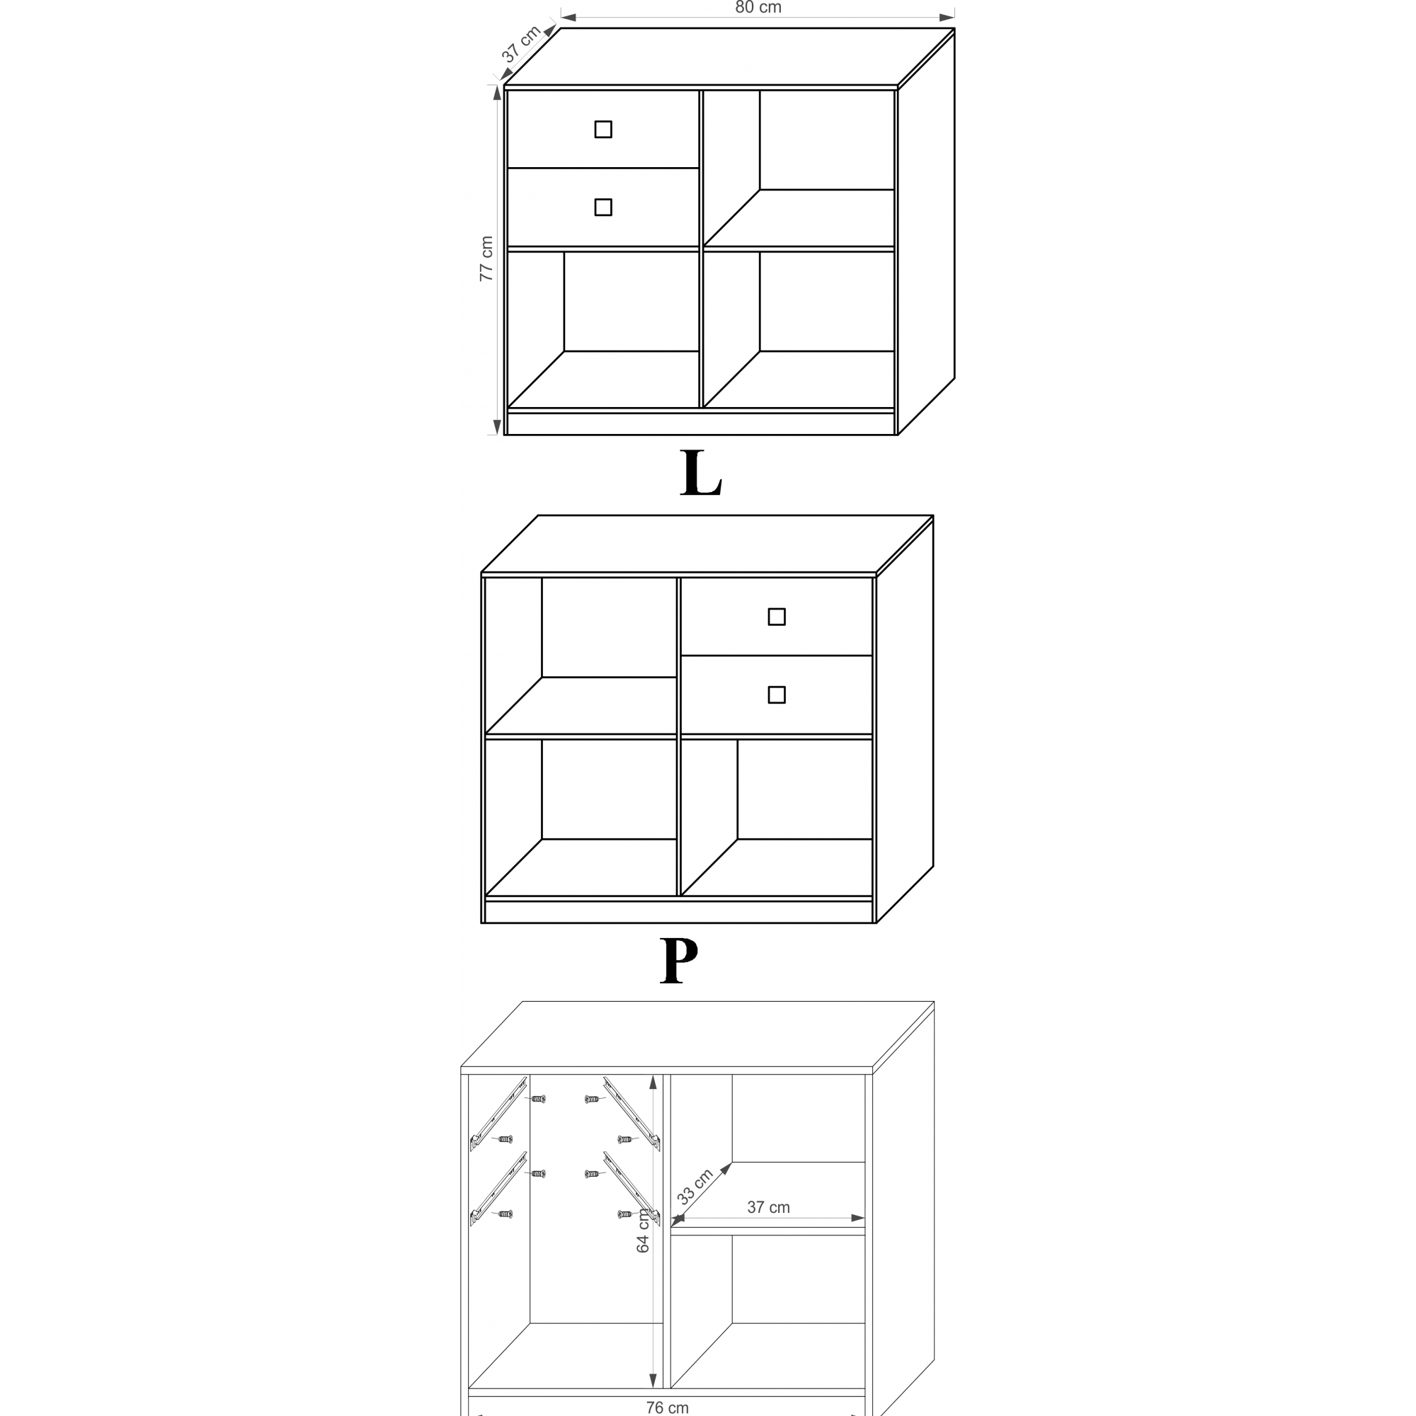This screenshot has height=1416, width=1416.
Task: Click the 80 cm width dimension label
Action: coord(758,7)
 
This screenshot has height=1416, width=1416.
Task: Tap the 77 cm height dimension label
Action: coord(486,258)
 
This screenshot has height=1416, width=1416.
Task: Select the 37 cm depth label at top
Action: coord(521,44)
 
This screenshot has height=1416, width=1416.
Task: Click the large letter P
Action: coord(679,960)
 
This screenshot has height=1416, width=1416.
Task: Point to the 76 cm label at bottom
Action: coord(667,1408)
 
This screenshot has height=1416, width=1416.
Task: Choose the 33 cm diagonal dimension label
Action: coord(695,1187)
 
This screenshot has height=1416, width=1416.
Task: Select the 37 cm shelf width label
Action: coord(768,1207)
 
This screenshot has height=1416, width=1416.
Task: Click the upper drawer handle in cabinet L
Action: coord(603,129)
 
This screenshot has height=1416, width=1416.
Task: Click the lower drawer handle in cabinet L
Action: coord(603,207)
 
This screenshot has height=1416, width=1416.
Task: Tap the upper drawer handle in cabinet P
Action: coord(777,617)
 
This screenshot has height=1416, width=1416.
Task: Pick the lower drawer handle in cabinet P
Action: coord(777,695)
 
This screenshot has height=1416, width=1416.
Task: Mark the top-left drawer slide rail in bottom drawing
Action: coord(498,1113)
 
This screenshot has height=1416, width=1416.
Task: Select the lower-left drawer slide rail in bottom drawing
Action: coord(498,1189)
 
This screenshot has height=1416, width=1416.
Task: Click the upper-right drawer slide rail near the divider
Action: coord(632,1113)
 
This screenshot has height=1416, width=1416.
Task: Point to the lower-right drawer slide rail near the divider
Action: coord(632,1189)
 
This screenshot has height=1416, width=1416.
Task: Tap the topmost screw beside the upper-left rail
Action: coord(538,1099)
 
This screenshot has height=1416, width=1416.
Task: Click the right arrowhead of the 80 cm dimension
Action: coord(947,18)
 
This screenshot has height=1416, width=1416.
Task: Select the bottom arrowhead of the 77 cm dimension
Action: coord(497,426)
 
